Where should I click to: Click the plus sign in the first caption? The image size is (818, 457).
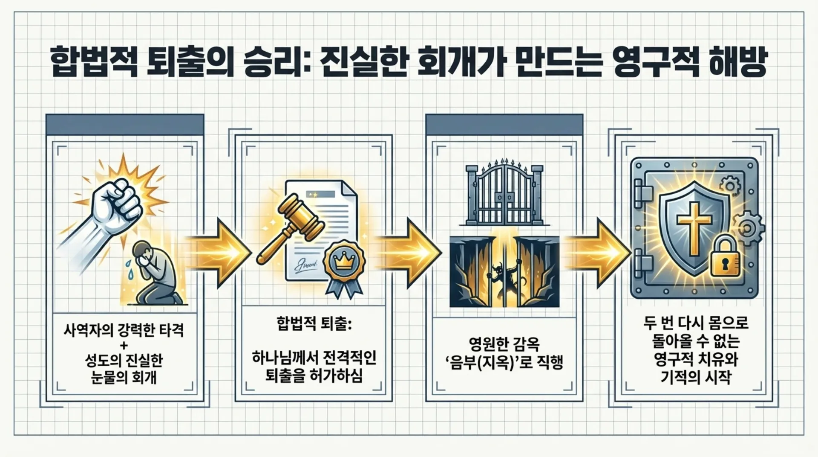click(124, 345)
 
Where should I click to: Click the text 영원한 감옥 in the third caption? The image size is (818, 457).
click(504, 343)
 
